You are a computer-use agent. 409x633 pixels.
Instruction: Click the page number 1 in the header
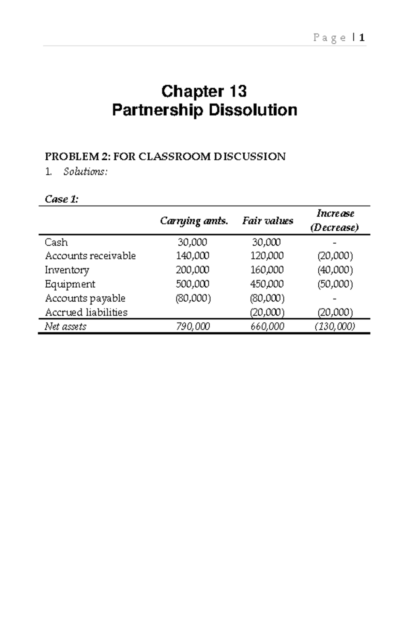point(362,38)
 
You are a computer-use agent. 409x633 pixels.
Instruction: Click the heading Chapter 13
point(204,91)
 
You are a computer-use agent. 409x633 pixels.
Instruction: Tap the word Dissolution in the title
point(253,110)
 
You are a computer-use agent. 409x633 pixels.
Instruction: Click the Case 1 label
point(62,199)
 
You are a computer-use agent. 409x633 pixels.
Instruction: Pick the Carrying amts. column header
point(194,221)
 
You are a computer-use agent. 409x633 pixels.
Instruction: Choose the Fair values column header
point(268,221)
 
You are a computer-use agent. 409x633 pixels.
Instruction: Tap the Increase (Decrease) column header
point(335,220)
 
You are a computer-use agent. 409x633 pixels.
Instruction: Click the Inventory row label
point(67,270)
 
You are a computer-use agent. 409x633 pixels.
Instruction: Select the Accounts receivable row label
point(90,256)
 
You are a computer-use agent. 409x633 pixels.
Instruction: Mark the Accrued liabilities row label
point(86,312)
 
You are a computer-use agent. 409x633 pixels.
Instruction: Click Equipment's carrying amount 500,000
point(193,284)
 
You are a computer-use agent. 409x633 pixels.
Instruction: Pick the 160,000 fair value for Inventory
point(267,270)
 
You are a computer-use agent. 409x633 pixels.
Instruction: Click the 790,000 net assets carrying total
point(193,327)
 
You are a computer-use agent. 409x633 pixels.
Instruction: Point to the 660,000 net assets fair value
point(267,327)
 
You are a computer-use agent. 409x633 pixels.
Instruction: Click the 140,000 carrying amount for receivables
point(193,256)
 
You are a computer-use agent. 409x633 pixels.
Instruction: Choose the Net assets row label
point(65,327)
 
